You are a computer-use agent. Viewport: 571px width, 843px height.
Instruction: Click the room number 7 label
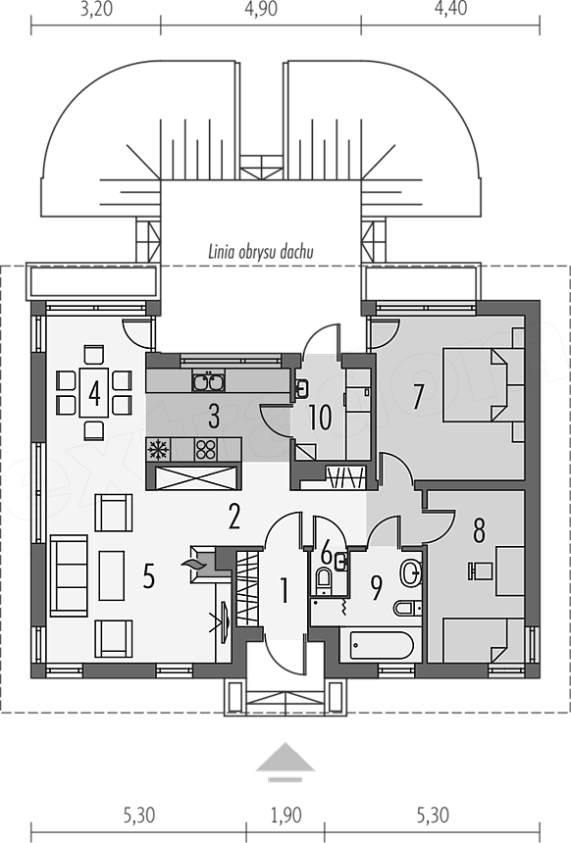pyautogui.click(x=418, y=397)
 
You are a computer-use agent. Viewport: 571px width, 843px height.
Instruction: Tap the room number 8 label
pyautogui.click(x=479, y=529)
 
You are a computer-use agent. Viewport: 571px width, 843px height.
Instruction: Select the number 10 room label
pyautogui.click(x=320, y=418)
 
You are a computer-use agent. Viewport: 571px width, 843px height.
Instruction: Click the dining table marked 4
pyautogui.click(x=94, y=392)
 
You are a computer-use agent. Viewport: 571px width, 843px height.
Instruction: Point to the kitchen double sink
pyautogui.click(x=209, y=381)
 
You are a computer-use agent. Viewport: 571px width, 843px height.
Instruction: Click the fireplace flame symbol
pyautogui.click(x=192, y=564)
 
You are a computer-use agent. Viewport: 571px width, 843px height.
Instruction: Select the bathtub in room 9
pyautogui.click(x=382, y=645)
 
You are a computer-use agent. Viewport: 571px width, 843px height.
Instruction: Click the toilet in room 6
pyautogui.click(x=324, y=581)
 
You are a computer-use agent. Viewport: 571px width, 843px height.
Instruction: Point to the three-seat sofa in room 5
pyautogui.click(x=69, y=575)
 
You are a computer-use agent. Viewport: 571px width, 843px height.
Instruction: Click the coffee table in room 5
pyautogui.click(x=112, y=575)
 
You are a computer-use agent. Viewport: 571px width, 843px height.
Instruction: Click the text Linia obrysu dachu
pyautogui.click(x=261, y=252)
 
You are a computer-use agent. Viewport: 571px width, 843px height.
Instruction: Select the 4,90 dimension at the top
pyautogui.click(x=261, y=10)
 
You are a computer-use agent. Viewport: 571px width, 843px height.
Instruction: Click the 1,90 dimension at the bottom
pyautogui.click(x=285, y=816)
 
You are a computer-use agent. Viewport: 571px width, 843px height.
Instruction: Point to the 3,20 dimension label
pyautogui.click(x=96, y=10)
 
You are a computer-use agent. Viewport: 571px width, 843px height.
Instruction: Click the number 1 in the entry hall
pyautogui.click(x=285, y=590)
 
